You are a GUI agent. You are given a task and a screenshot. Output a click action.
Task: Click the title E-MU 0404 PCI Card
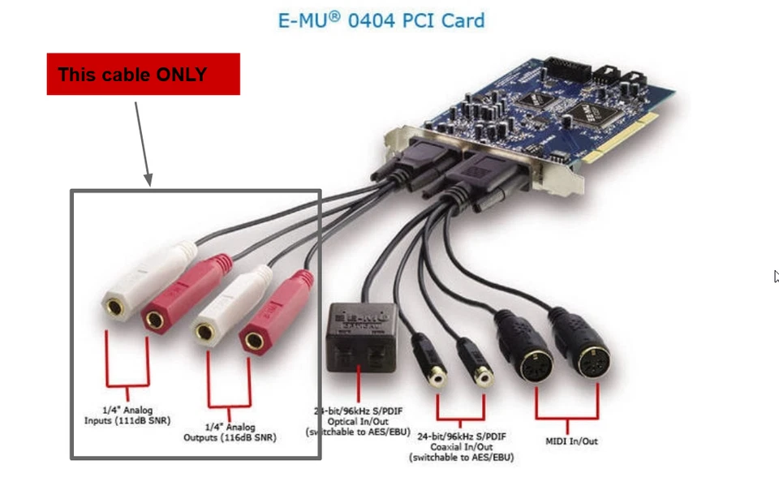(x=381, y=19)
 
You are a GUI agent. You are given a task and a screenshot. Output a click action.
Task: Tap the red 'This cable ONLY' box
(x=143, y=74)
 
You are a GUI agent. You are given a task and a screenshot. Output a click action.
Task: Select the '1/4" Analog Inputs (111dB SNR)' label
(x=127, y=415)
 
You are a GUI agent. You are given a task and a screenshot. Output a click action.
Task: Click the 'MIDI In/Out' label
(x=570, y=441)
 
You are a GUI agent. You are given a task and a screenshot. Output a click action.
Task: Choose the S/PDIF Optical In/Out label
(x=358, y=421)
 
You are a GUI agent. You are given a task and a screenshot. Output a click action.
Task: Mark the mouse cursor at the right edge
(x=776, y=276)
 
